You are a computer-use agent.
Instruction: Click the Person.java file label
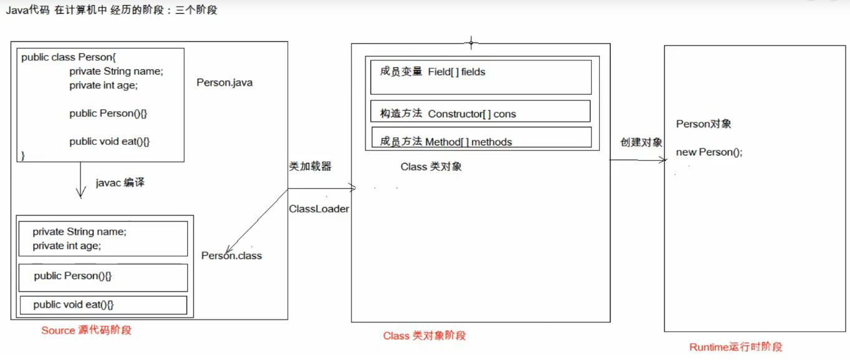[225, 83]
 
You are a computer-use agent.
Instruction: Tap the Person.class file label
[231, 256]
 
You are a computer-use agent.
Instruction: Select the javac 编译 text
[120, 183]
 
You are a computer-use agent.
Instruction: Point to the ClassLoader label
[319, 209]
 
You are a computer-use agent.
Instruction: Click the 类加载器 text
[310, 166]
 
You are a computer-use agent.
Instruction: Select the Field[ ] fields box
[481, 77]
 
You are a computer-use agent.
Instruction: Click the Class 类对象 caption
[431, 167]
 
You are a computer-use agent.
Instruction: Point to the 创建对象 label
[641, 142]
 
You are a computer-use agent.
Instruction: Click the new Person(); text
[709, 152]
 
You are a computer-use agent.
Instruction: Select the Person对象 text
[703, 124]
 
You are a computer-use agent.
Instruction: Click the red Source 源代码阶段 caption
[86, 331]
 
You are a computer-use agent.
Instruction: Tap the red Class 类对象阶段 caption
[424, 336]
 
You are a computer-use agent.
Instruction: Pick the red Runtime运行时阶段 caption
[736, 347]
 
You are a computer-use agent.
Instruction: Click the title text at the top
[112, 10]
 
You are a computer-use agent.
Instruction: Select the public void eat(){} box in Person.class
[103, 305]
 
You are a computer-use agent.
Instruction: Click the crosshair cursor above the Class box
[471, 43]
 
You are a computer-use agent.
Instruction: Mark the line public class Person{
[69, 57]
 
